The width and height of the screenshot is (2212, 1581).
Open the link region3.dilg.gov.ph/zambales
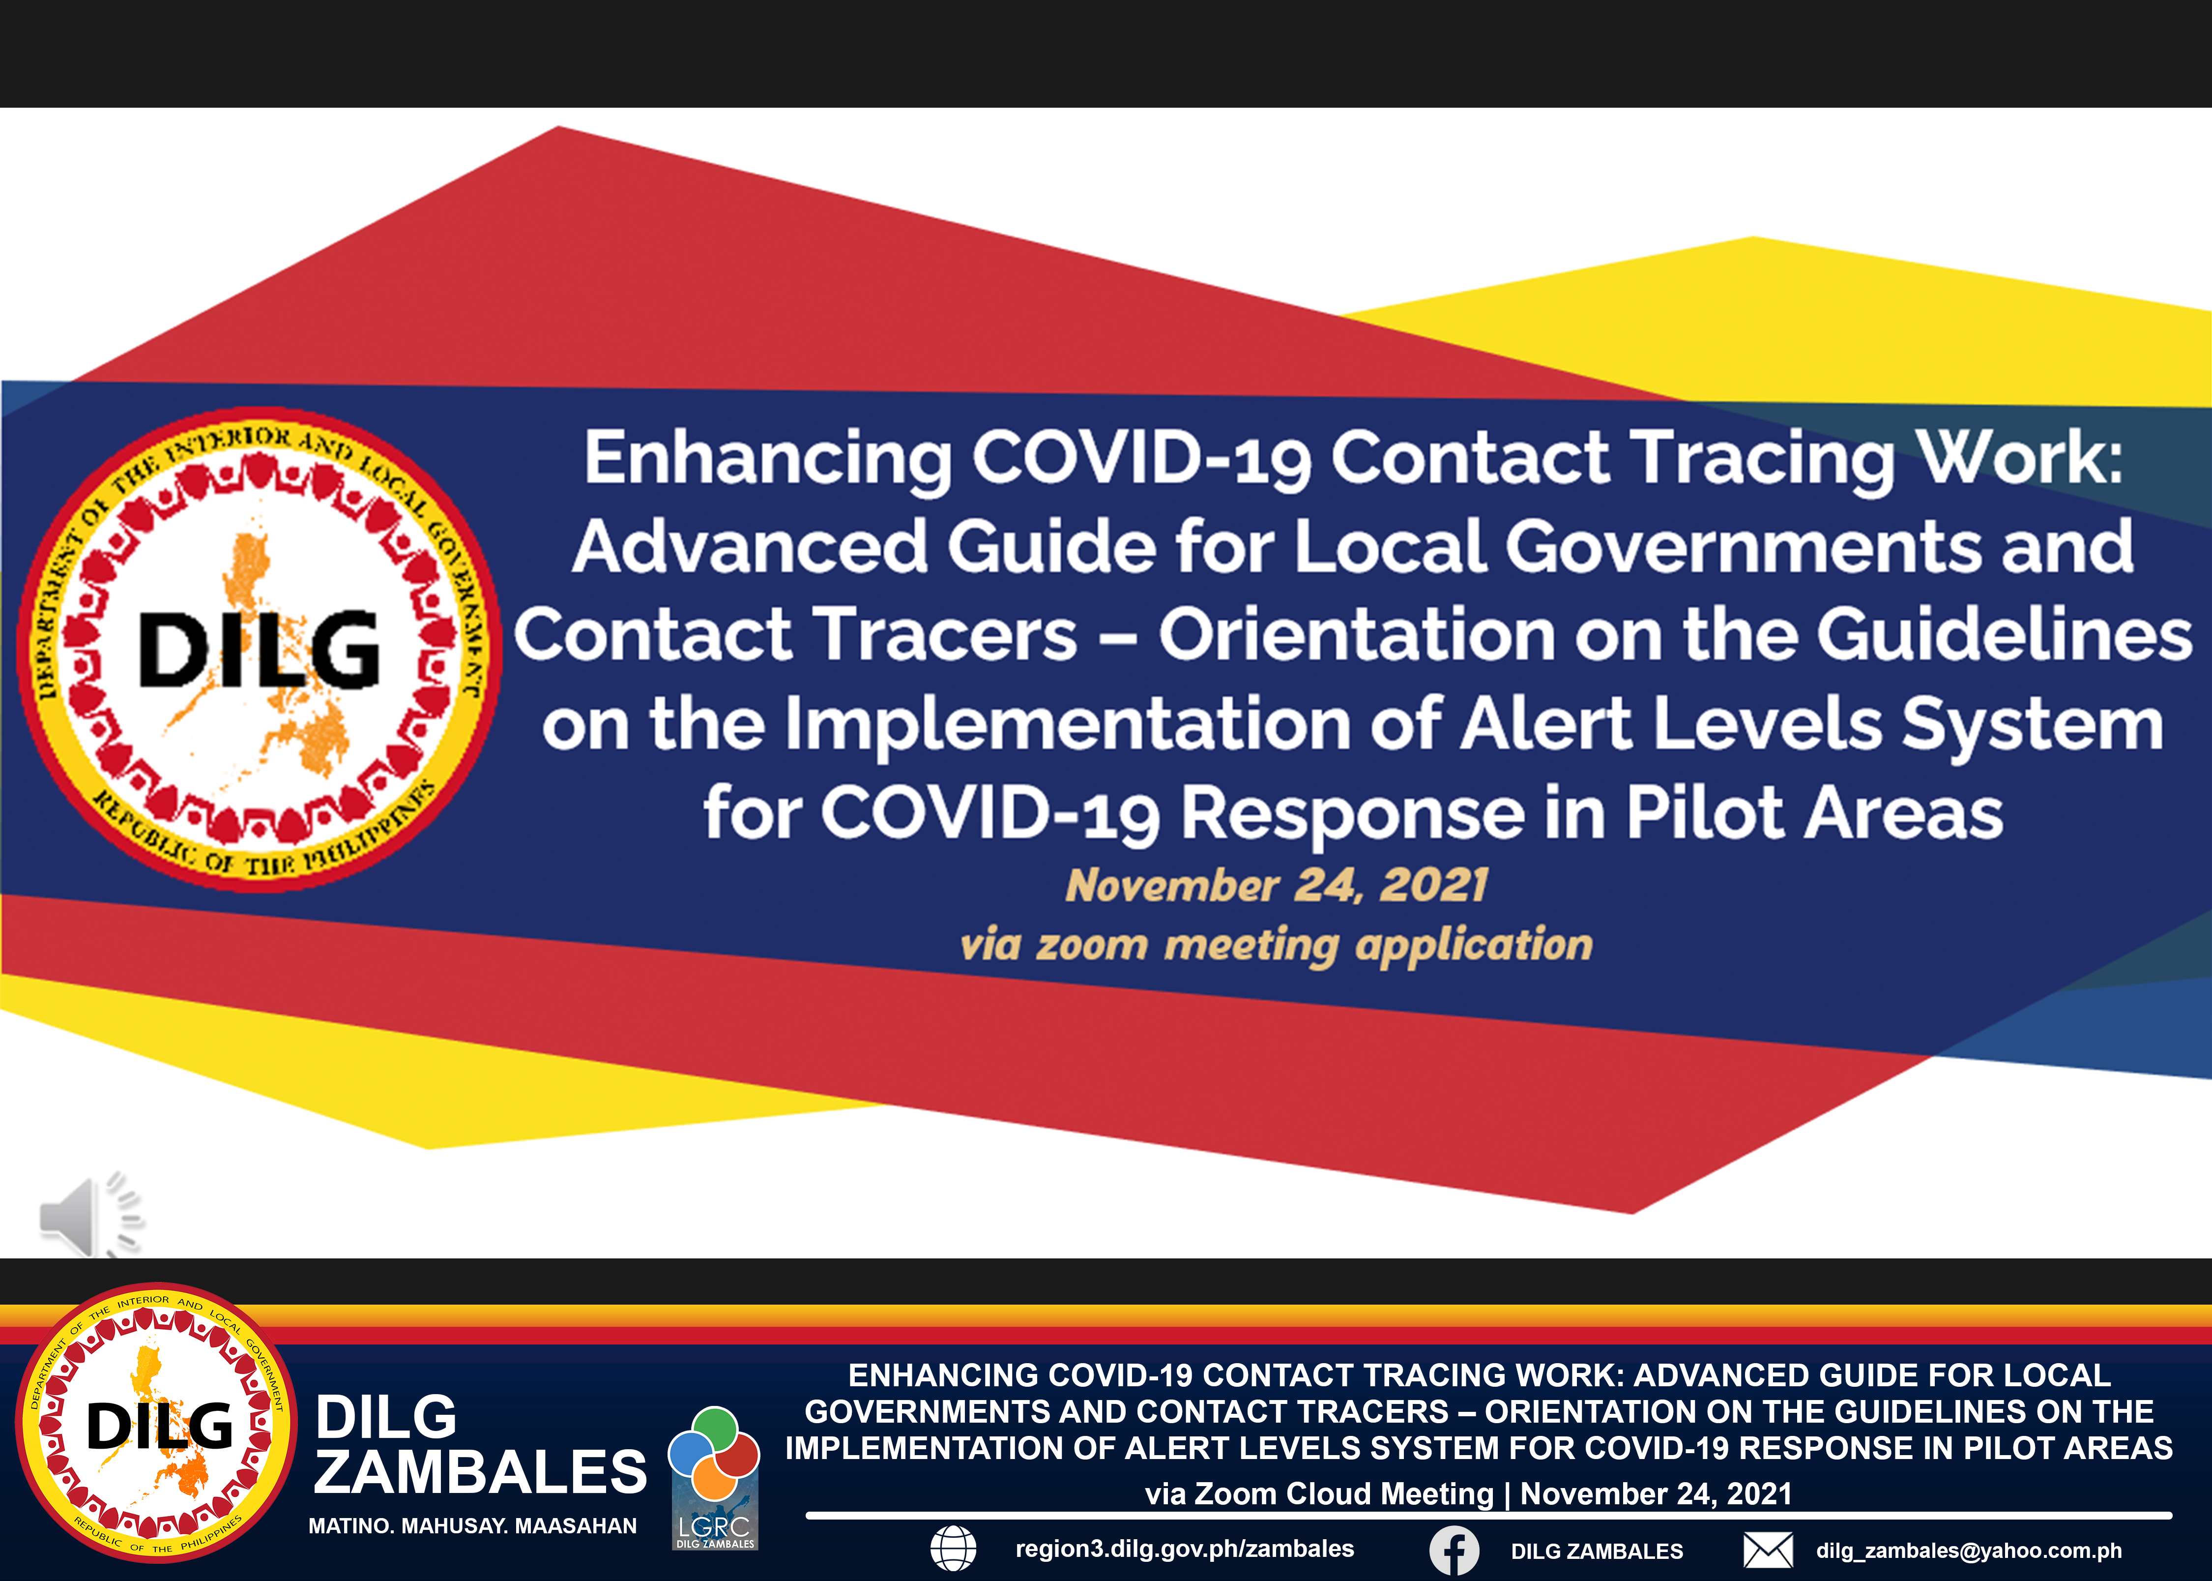tap(1184, 1549)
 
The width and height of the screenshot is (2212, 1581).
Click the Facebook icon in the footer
tap(1454, 1550)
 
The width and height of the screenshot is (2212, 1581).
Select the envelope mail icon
tap(1767, 1550)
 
